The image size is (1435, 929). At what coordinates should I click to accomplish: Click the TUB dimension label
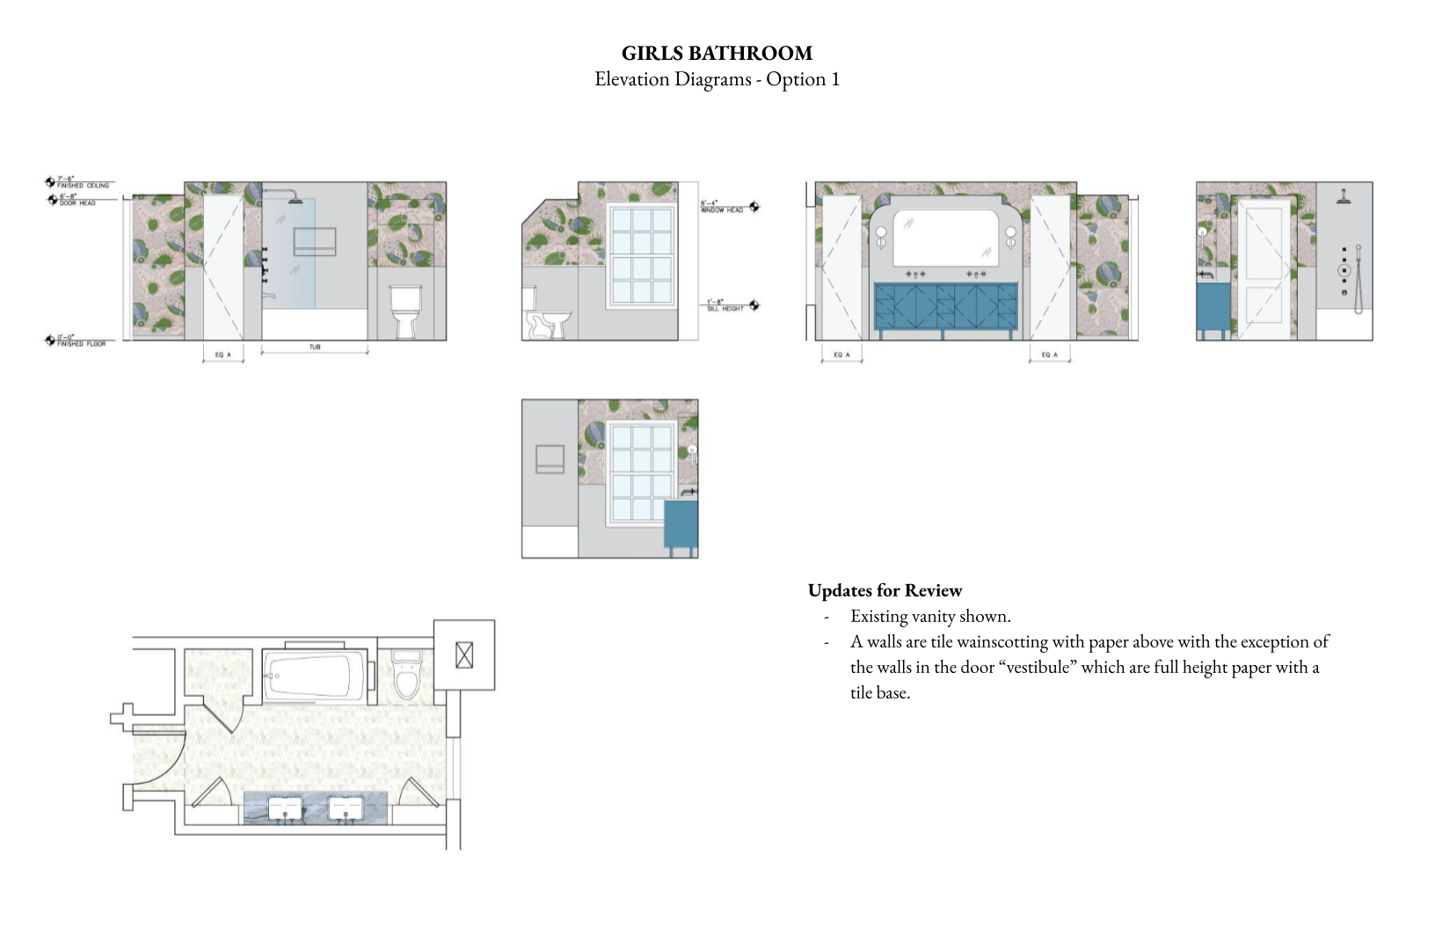(x=315, y=347)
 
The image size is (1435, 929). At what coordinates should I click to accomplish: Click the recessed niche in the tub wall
(x=314, y=242)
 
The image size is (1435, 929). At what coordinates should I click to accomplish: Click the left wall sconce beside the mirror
(x=881, y=236)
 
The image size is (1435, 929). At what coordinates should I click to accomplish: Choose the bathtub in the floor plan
(x=314, y=676)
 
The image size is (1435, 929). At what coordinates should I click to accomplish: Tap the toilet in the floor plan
(x=406, y=676)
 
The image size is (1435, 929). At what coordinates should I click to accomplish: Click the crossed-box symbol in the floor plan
(x=464, y=655)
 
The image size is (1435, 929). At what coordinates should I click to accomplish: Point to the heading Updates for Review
(x=885, y=590)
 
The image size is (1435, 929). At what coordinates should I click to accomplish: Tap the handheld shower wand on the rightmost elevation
(x=1358, y=279)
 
